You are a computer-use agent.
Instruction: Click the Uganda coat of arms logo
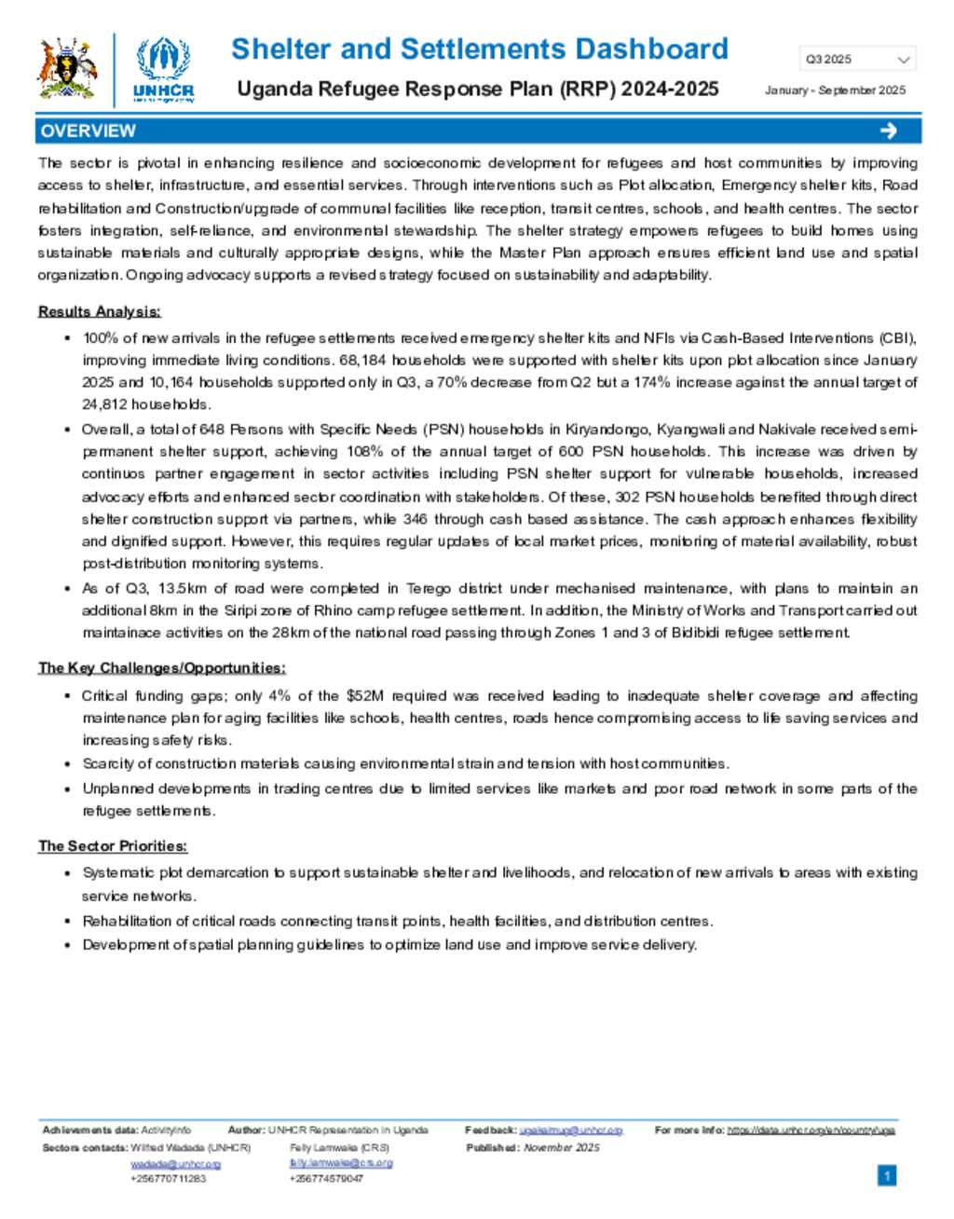[x=67, y=70]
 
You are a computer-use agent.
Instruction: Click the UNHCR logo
[x=164, y=70]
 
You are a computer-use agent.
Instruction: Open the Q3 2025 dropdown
[x=857, y=60]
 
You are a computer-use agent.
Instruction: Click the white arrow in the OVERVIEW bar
[x=888, y=130]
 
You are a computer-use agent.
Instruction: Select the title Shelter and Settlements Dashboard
[x=479, y=49]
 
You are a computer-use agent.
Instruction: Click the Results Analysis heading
[x=99, y=311]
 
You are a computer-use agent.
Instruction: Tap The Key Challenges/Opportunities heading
[x=161, y=667]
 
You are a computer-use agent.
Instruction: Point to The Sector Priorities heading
[x=113, y=846]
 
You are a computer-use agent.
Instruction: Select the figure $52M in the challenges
[x=364, y=695]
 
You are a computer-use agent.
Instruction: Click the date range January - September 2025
[x=835, y=90]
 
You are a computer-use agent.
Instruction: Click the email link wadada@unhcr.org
[x=175, y=1164]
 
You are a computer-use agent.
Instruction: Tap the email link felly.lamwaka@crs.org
[x=341, y=1163]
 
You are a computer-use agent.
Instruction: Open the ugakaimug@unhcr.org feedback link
[x=570, y=1130]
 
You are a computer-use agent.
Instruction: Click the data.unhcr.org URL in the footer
[x=811, y=1130]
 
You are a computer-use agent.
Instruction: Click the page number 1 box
[x=887, y=1176]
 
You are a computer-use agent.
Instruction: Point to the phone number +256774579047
[x=326, y=1179]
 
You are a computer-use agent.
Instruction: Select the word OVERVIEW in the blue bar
[x=89, y=130]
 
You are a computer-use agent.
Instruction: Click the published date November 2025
[x=562, y=1148]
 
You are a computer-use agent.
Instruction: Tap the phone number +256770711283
[x=169, y=1179]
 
